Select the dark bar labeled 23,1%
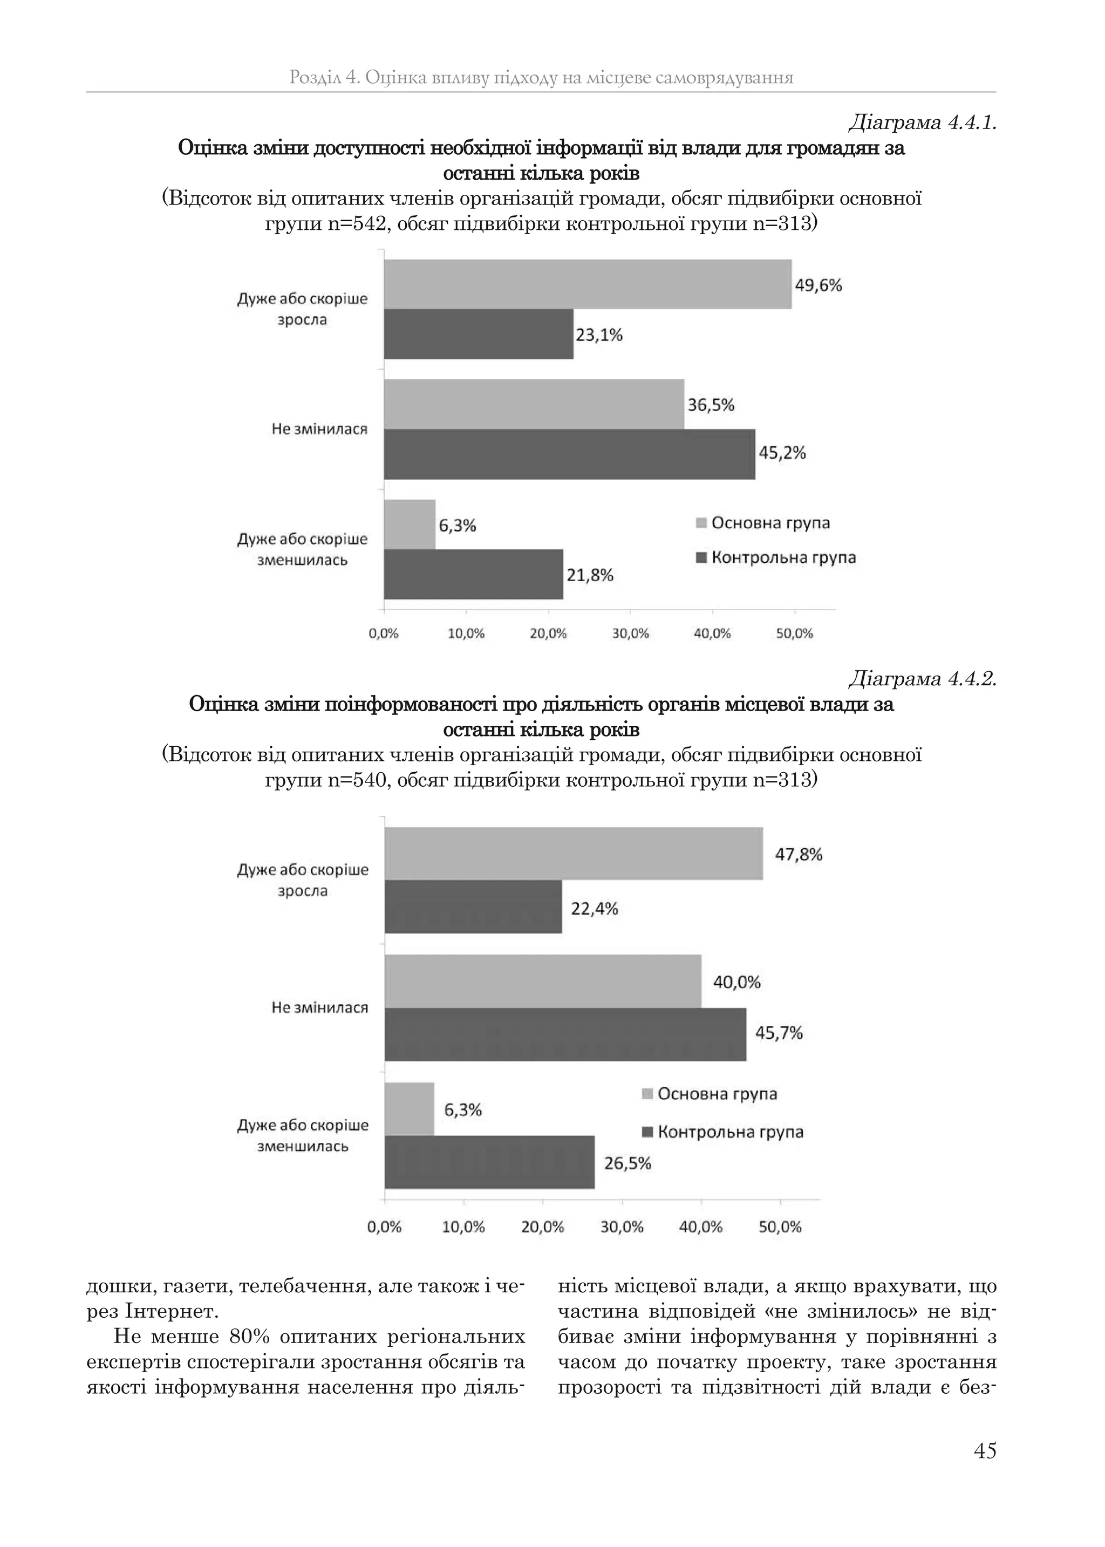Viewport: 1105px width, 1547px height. click(x=479, y=334)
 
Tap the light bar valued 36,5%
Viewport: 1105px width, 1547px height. click(x=534, y=404)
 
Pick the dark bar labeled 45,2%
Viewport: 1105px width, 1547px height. click(x=570, y=454)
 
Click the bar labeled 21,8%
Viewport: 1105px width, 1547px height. click(x=474, y=574)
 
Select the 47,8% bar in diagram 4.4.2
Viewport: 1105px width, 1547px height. click(x=574, y=854)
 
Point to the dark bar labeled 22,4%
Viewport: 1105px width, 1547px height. click(x=474, y=907)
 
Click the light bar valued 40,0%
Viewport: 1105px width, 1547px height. click(x=543, y=981)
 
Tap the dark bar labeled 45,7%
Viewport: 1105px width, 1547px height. click(x=565, y=1034)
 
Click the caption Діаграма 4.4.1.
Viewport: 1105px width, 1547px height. click(x=922, y=123)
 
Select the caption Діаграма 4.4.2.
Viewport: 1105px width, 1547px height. click(x=922, y=679)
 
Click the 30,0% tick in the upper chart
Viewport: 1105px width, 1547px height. click(x=630, y=634)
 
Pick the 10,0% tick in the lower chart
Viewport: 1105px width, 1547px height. click(x=463, y=1227)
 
